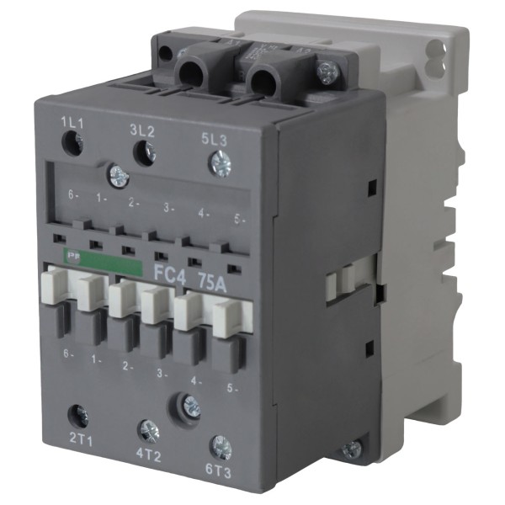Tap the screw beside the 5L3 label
[221, 162]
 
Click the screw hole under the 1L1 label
[73, 146]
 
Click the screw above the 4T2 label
[149, 431]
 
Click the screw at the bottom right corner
[351, 450]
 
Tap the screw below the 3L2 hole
[118, 176]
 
